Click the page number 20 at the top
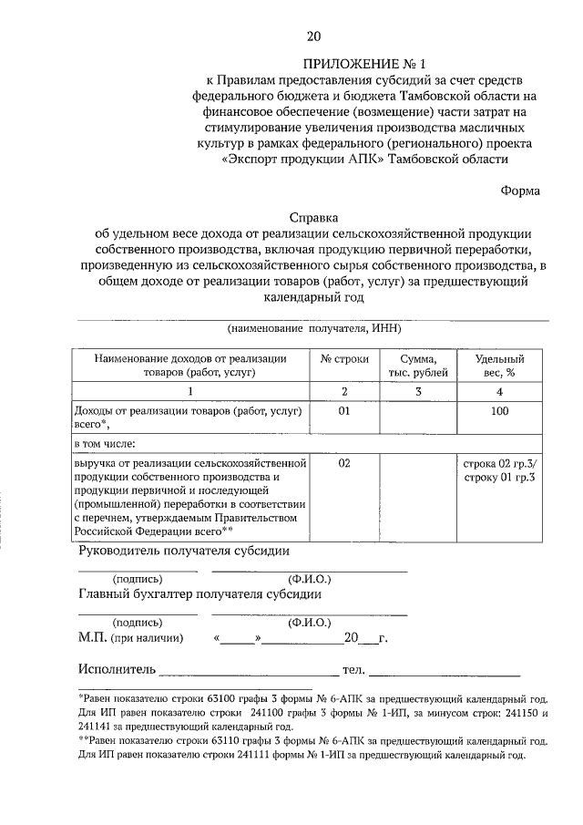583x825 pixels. point(313,36)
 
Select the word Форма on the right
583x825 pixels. point(519,191)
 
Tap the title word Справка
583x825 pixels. point(313,218)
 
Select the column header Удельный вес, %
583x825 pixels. point(499,366)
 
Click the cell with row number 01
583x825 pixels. point(344,412)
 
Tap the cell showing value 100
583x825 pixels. point(499,412)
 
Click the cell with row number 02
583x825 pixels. point(344,463)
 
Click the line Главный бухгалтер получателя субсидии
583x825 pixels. point(199,594)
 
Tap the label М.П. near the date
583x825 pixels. point(93,637)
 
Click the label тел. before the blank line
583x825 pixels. point(353,672)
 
